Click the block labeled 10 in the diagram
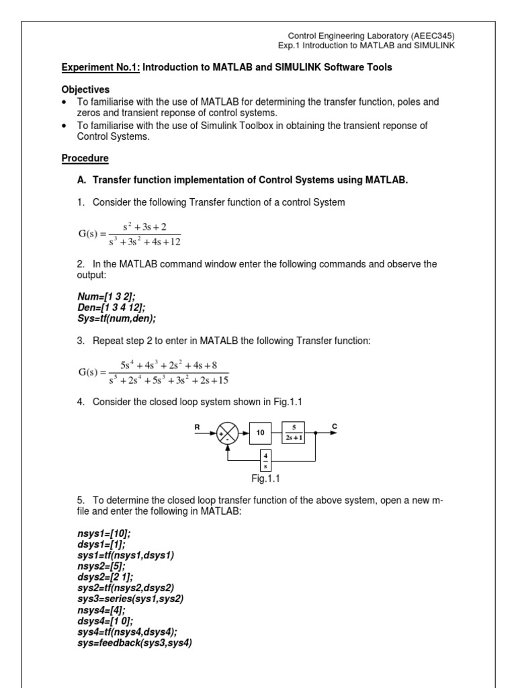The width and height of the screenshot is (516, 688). click(x=260, y=433)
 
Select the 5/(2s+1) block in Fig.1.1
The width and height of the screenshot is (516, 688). click(x=294, y=433)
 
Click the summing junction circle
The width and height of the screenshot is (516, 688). click(x=228, y=433)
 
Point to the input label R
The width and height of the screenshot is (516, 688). click(x=198, y=427)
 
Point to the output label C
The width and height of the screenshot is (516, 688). click(x=334, y=427)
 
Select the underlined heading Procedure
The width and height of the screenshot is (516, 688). click(x=85, y=159)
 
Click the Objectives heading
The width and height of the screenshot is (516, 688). click(x=85, y=89)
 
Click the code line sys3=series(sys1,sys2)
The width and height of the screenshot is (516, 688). click(x=130, y=598)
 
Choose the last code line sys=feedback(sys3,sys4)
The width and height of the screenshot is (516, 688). click(x=135, y=643)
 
